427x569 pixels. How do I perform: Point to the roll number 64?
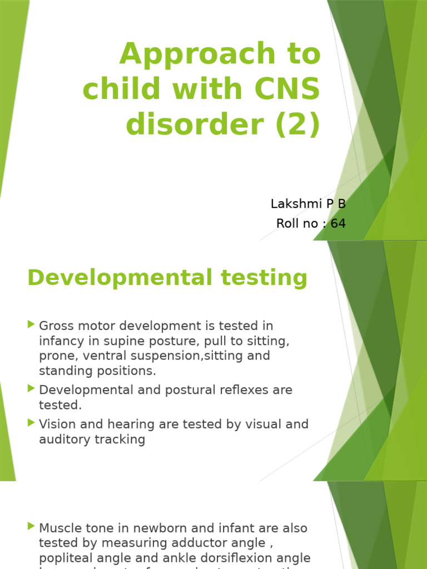338,224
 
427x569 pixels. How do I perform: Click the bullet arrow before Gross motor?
31,324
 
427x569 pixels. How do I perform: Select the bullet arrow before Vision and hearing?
31,423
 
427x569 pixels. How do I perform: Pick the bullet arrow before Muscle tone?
31,526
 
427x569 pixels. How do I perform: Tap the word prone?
54,356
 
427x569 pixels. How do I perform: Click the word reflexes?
217,390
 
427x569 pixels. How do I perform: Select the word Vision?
55,424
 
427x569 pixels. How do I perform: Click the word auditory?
61,440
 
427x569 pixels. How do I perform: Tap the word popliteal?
62,558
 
